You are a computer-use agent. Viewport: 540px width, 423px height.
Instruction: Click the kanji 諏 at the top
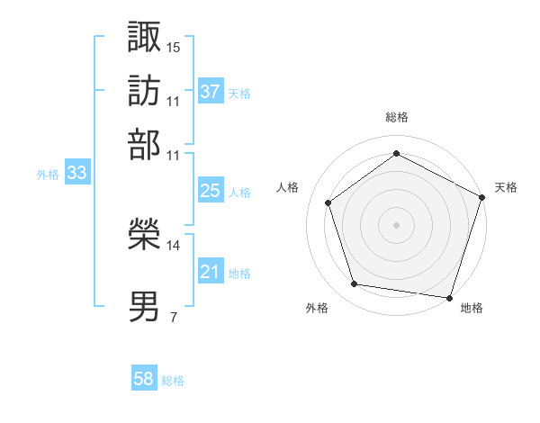145,37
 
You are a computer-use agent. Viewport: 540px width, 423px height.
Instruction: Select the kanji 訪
145,91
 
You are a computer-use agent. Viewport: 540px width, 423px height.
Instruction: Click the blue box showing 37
211,92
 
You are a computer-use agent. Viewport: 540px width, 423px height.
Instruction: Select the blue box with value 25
211,191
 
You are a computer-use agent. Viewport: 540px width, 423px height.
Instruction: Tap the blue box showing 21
211,272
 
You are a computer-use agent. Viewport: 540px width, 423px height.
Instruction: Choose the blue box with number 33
76,174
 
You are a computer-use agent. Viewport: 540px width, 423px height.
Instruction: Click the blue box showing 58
144,380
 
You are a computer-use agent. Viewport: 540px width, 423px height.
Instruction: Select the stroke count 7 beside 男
173,317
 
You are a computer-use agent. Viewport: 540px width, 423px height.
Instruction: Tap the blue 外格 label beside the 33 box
48,175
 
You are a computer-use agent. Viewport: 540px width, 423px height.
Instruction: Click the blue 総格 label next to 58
173,381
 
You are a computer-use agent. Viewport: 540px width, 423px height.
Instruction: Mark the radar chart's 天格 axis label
506,187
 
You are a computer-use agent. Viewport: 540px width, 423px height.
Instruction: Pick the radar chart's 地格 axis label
472,308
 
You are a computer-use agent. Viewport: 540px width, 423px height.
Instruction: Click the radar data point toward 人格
328,202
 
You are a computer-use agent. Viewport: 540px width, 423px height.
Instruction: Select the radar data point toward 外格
355,284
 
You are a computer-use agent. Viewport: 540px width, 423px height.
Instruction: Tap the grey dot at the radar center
396,224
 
